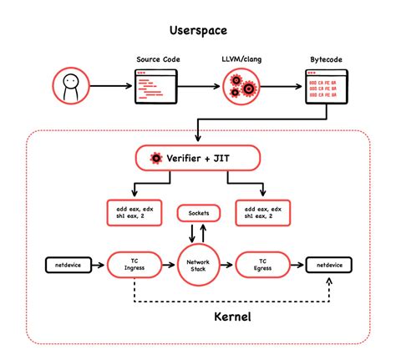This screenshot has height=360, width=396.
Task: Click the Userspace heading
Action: click(x=198, y=33)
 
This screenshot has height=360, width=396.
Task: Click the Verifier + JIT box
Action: click(x=197, y=158)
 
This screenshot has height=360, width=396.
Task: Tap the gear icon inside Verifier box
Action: click(x=155, y=158)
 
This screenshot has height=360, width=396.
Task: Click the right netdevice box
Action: click(x=327, y=266)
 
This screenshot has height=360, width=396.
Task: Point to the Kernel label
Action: click(x=198, y=318)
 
